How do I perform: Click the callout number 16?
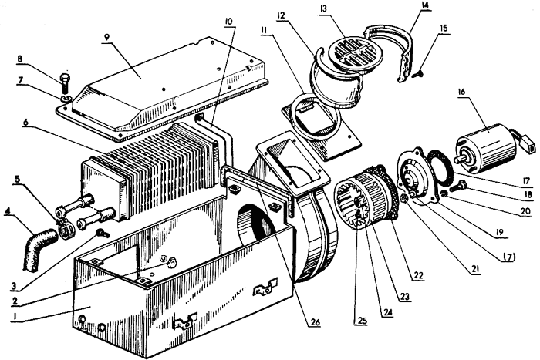461,93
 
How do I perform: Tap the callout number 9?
106,38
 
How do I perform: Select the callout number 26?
315,323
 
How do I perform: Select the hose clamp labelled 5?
66,230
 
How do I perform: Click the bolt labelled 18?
460,187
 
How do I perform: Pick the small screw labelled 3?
103,233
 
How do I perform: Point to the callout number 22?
420,275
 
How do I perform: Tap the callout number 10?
228,21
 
